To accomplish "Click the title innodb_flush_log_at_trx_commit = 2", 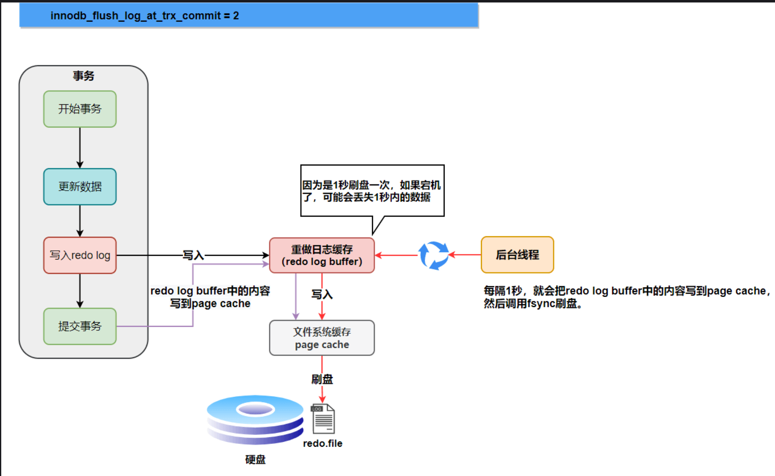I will coord(144,16).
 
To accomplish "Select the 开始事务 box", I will coord(80,109).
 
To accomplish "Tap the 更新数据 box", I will coord(80,186).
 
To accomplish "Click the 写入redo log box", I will coord(80,255).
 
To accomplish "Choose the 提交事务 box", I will coord(80,326).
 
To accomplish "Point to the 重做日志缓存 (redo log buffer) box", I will coord(322,255).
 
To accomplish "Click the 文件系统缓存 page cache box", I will coord(322,338).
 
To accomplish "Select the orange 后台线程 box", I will coord(517,254).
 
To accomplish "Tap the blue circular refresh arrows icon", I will coord(433,255).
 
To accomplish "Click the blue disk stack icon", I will coord(255,419).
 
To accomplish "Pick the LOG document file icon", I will coord(323,419).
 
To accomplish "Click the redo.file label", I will coord(323,443).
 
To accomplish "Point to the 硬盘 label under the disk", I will coord(255,460).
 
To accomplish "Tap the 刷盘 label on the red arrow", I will coord(322,379).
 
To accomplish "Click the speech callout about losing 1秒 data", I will coord(372,191).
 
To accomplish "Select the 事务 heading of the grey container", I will coord(83,76).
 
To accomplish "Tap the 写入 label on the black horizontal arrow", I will coord(193,255).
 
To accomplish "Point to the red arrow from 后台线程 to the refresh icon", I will coord(465,254).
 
